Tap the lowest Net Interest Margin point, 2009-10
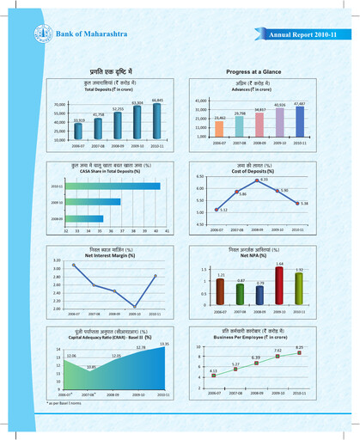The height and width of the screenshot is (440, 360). [135, 305]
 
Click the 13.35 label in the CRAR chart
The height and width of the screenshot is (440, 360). [164, 344]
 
